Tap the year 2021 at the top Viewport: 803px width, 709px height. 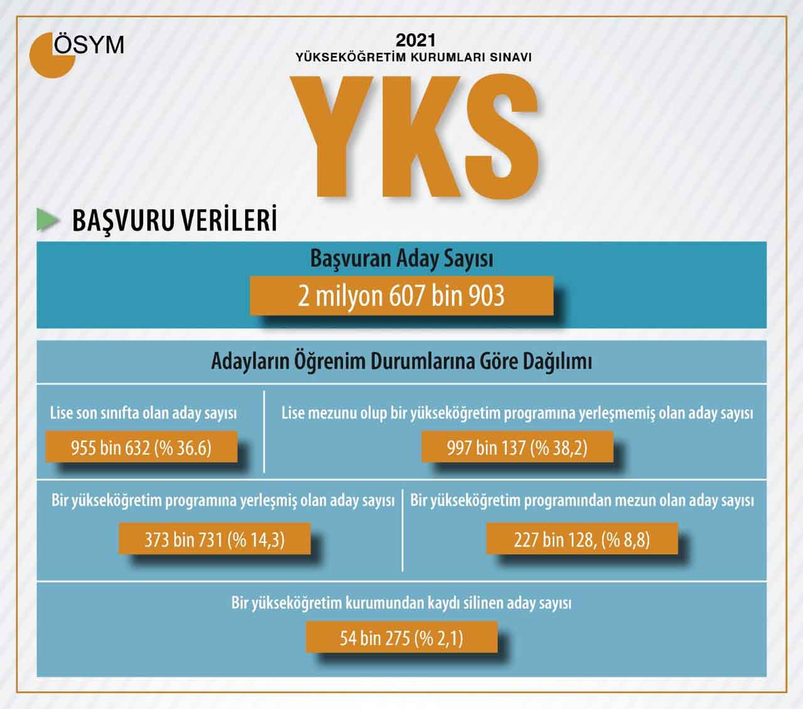tap(415, 41)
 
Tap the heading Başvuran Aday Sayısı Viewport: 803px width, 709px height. tap(401, 259)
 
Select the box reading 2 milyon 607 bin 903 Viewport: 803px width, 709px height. tap(401, 295)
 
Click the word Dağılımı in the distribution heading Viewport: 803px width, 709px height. tap(557, 362)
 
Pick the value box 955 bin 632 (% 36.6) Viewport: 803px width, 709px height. tap(141, 447)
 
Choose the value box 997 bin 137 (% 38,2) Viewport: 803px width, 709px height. tap(517, 447)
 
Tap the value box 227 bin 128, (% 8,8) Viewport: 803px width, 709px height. tap(582, 539)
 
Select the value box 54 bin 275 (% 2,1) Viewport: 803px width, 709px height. tap(401, 638)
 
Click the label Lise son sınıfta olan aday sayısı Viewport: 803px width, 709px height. tap(143, 414)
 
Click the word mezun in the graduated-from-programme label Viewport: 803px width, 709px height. tap(639, 501)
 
